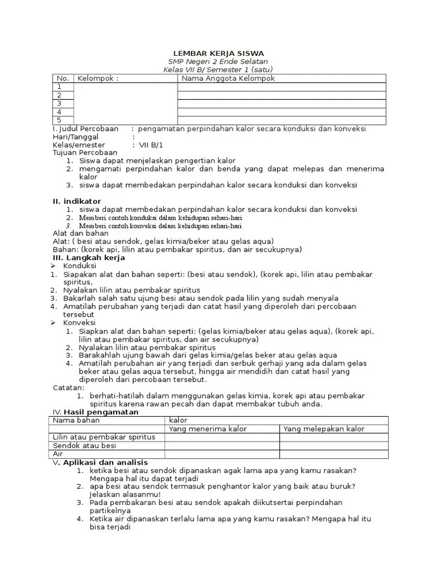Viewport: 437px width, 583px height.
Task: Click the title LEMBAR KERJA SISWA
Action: coord(218,53)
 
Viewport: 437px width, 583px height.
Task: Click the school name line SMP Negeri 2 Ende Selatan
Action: coord(218,61)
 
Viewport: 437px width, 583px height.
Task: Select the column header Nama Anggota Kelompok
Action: coord(228,79)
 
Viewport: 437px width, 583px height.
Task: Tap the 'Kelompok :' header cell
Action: coord(98,79)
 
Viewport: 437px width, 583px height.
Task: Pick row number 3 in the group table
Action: coord(59,104)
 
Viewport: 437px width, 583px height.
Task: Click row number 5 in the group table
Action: coord(59,120)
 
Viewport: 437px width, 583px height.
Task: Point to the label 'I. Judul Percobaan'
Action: coord(85,129)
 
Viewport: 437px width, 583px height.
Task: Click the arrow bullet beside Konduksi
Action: coord(52,266)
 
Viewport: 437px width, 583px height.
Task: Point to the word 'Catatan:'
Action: coord(69,388)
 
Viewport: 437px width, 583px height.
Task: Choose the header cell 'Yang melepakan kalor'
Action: coord(324,429)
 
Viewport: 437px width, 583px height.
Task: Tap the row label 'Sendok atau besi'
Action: coord(84,446)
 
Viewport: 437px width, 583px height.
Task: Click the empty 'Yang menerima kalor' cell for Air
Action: coord(222,454)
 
